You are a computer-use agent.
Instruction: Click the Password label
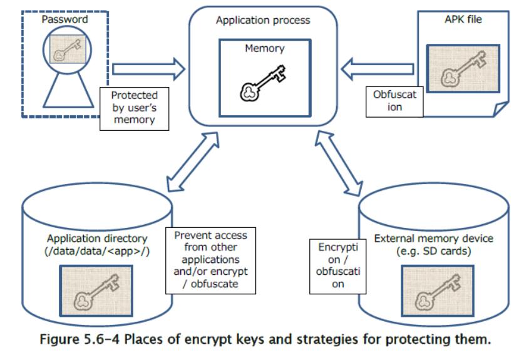coord(64,20)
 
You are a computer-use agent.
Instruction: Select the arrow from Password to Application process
coord(149,66)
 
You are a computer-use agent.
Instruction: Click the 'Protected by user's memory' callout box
coord(135,108)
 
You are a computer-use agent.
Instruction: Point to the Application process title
coord(263,20)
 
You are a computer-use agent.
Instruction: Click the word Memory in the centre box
coord(264,48)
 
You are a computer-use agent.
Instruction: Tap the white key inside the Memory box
coord(264,83)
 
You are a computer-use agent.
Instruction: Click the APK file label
coord(463,19)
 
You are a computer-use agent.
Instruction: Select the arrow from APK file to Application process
coord(379,66)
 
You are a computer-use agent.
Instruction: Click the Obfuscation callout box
coord(395,101)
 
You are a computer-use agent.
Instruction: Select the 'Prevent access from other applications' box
coord(210,260)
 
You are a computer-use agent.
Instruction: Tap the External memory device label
coord(433,244)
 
